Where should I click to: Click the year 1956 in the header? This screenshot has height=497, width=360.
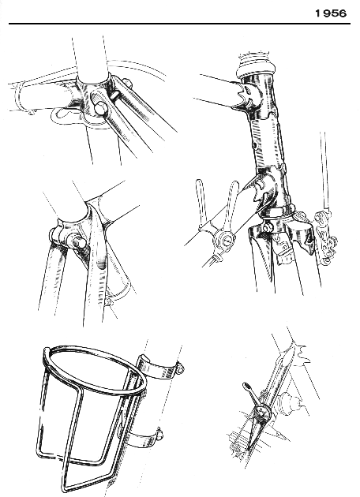click(331, 13)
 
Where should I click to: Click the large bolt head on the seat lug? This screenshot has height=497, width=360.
click(100, 108)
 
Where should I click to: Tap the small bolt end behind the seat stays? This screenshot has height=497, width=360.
click(128, 83)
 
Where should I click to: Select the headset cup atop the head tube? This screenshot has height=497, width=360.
click(256, 71)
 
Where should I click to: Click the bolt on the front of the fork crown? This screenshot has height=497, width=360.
click(268, 227)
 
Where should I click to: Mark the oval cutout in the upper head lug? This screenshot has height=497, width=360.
click(248, 92)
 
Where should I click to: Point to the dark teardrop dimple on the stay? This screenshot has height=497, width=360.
click(101, 264)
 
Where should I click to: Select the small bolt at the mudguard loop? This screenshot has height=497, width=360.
click(110, 301)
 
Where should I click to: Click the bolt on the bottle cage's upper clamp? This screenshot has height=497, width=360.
click(181, 368)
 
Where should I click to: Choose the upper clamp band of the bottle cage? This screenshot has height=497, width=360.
click(158, 368)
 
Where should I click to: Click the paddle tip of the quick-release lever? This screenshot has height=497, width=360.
click(246, 387)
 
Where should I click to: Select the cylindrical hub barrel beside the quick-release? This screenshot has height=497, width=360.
click(287, 402)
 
